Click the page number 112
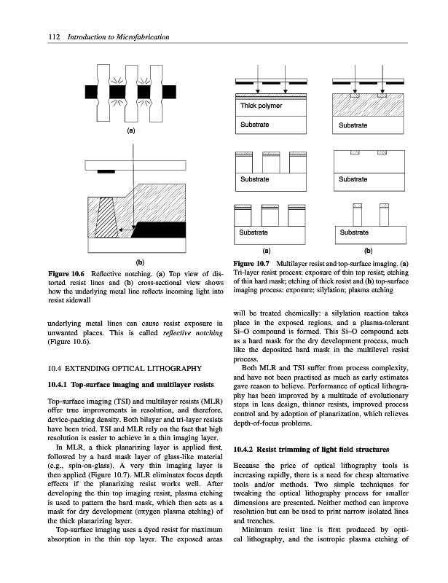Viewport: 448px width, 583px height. (31, 37)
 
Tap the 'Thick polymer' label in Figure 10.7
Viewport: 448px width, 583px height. (261, 106)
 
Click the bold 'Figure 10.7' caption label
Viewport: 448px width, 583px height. (249, 262)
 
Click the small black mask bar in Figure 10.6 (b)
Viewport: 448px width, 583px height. (106, 171)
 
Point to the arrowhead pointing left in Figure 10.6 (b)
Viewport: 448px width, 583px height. (122, 230)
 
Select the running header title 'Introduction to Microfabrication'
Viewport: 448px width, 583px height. (118, 37)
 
